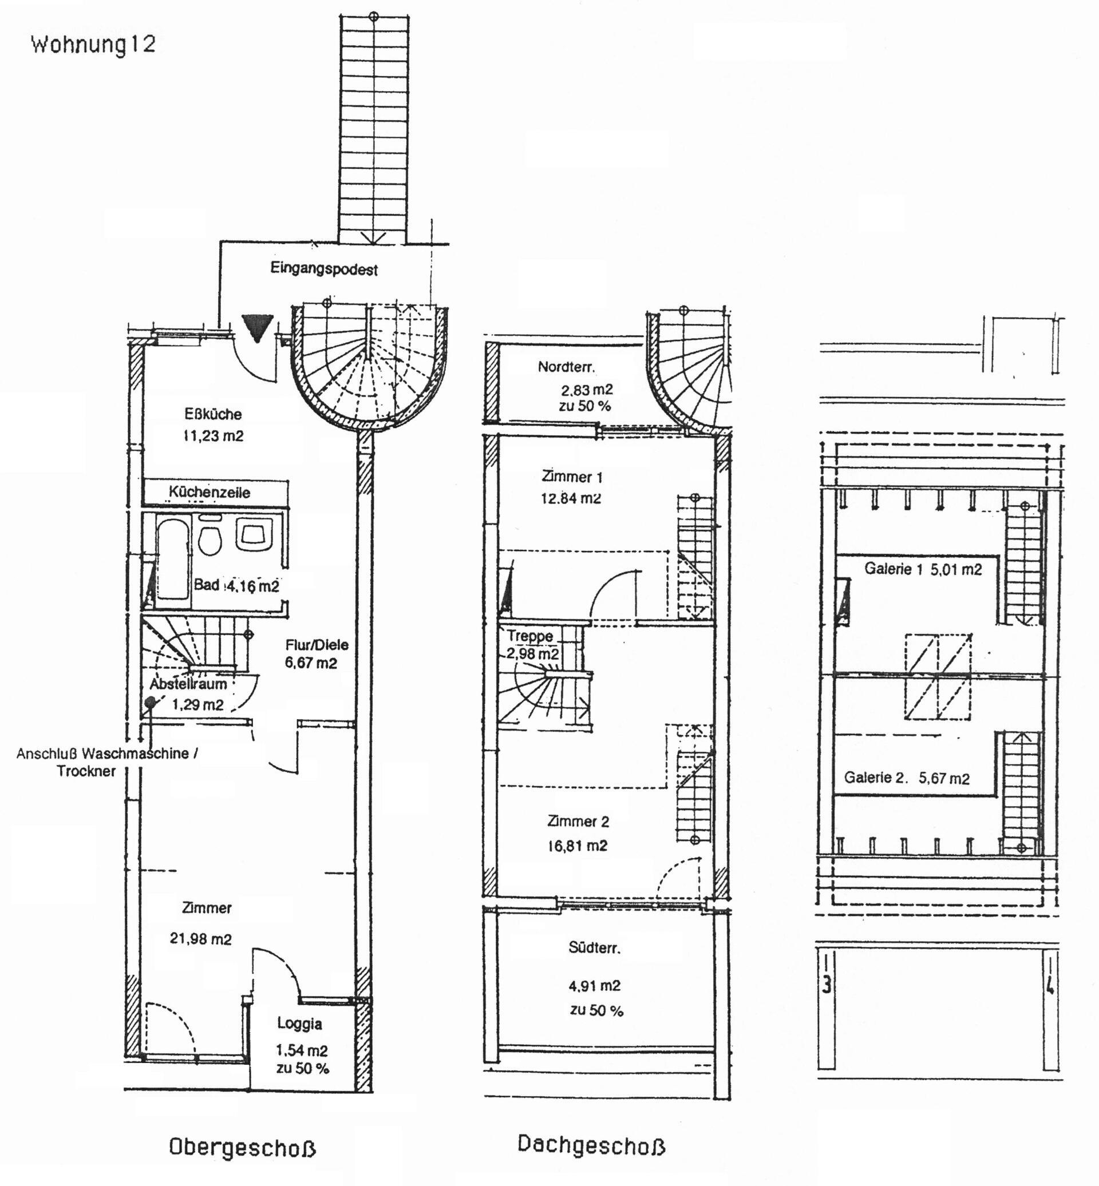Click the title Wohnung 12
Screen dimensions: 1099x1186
click(93, 45)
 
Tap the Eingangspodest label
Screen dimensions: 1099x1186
click(324, 269)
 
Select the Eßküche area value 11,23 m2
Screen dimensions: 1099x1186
click(213, 436)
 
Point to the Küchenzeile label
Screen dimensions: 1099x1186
click(209, 491)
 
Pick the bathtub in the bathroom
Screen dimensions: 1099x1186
click(173, 560)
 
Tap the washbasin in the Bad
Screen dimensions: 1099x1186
click(254, 533)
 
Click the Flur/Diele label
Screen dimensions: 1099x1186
click(317, 644)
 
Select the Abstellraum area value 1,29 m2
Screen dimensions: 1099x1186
click(197, 704)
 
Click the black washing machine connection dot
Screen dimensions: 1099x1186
click(150, 702)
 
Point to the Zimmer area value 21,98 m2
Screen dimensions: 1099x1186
click(200, 939)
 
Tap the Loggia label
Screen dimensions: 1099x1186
click(300, 1024)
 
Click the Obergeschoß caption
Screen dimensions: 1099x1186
click(242, 1147)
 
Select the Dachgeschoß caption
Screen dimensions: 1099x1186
click(591, 1144)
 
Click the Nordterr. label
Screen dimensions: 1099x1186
click(566, 367)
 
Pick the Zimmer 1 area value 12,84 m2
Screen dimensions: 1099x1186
click(571, 498)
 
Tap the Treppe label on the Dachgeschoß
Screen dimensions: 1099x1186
click(530, 636)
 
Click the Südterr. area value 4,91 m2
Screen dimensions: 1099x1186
click(595, 986)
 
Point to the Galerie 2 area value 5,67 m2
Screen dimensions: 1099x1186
click(944, 778)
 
